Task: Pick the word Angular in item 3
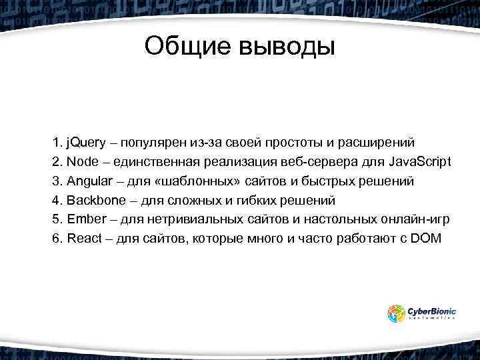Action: pyautogui.click(x=89, y=181)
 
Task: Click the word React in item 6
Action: pyautogui.click(x=84, y=239)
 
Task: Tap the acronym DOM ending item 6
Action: pyautogui.click(x=427, y=239)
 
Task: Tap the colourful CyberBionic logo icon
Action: pyautogui.click(x=397, y=313)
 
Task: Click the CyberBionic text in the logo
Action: pyautogui.click(x=431, y=310)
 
